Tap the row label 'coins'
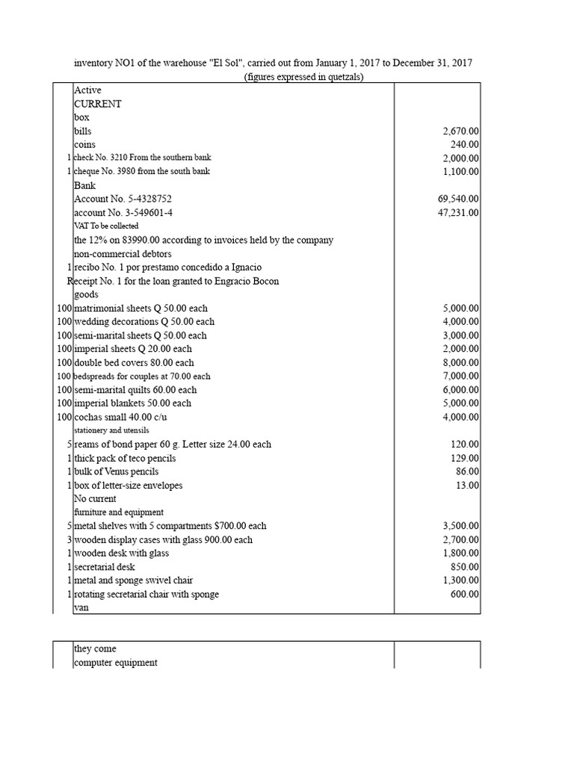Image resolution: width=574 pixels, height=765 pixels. [84, 144]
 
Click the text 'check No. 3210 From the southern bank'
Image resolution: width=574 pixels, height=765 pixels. [141, 158]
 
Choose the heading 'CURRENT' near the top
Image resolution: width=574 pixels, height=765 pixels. [97, 104]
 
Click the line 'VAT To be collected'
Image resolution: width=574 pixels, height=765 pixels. [105, 226]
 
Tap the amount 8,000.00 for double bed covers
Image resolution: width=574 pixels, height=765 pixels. [462, 363]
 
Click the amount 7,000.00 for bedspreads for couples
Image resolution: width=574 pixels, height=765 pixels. [462, 377]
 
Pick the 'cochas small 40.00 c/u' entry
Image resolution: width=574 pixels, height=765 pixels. [123, 417]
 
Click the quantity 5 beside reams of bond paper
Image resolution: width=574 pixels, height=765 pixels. [68, 445]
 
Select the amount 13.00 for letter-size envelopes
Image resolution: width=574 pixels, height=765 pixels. [469, 486]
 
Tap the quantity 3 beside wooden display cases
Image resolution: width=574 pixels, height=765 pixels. [68, 539]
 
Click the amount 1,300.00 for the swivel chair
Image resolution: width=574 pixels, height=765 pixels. [462, 580]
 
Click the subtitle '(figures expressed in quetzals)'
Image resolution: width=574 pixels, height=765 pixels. [303, 78]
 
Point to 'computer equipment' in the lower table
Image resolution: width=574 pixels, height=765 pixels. [115, 663]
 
